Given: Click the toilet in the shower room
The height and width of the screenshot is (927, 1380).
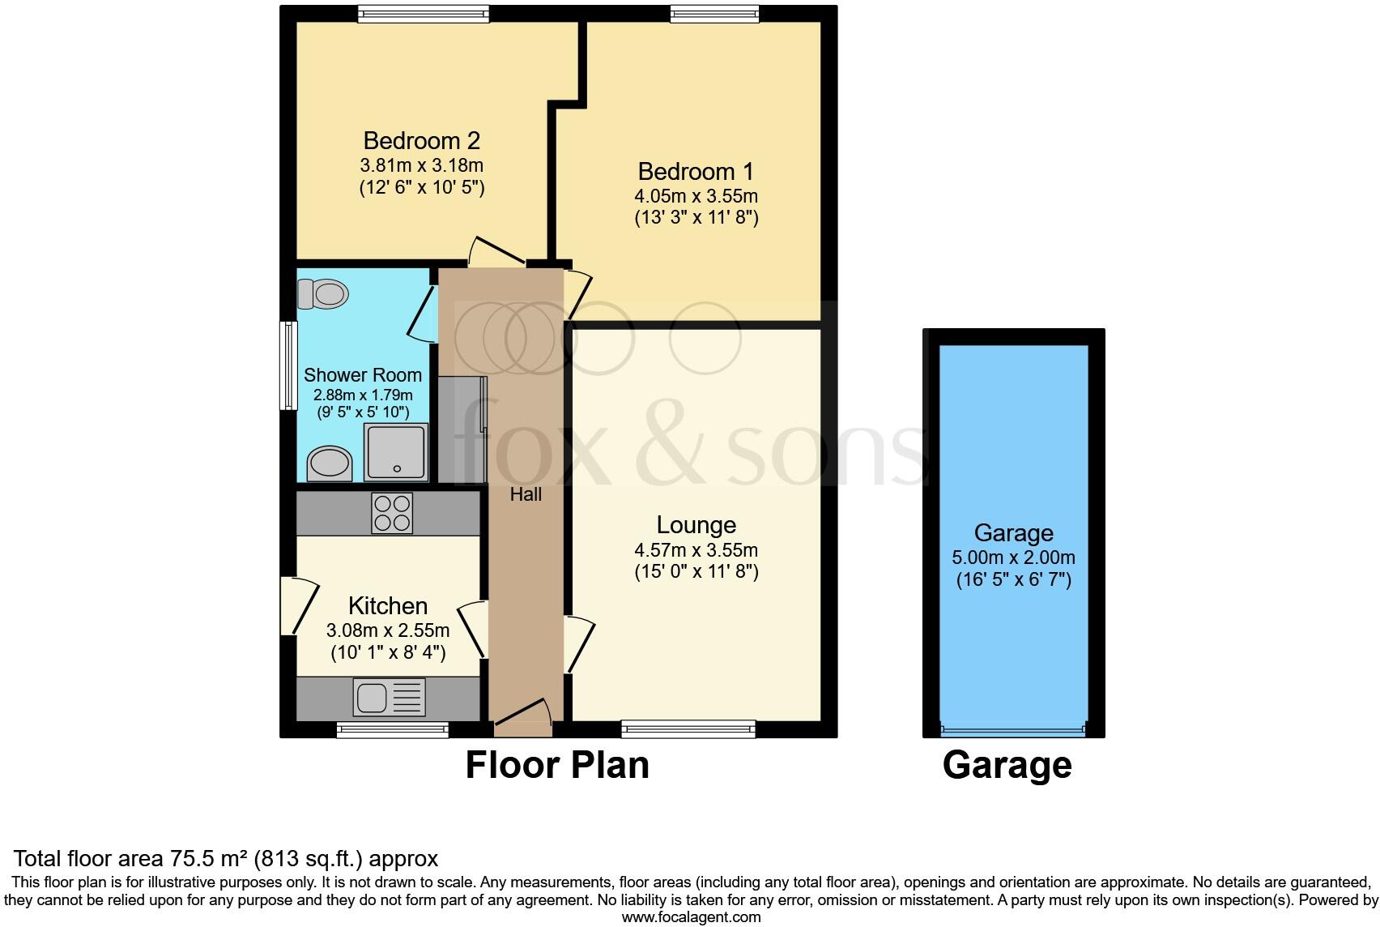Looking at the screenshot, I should click(x=323, y=293).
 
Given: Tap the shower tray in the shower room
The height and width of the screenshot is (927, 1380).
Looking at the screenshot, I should click(x=395, y=452).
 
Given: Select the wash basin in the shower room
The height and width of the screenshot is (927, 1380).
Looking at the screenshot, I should click(x=329, y=464).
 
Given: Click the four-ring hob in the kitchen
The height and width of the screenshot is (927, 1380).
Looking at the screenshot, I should click(x=392, y=513).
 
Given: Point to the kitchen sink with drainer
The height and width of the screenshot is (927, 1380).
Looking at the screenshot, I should click(x=390, y=697).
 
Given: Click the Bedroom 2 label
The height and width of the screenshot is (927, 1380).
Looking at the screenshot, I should click(x=421, y=141).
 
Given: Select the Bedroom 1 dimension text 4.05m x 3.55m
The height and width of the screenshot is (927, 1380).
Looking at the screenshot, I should click(x=696, y=196).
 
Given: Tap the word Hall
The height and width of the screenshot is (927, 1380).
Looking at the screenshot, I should click(x=526, y=494).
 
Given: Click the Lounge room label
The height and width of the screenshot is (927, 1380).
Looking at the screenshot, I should click(x=696, y=525).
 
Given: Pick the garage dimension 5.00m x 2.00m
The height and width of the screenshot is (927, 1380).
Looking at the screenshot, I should click(x=1013, y=557).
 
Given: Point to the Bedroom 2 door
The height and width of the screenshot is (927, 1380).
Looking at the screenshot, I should click(x=496, y=252).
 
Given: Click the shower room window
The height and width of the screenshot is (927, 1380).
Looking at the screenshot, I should click(x=287, y=365).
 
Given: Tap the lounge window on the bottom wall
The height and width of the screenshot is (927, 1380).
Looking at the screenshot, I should click(x=688, y=729).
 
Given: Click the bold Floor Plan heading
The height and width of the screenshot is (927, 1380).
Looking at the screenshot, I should click(x=557, y=765).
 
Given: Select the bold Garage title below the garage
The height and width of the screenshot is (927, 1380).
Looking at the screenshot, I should click(x=1007, y=765).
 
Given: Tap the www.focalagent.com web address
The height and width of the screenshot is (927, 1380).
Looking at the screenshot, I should click(x=691, y=917).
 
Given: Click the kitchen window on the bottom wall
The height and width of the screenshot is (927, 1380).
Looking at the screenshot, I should click(x=393, y=729).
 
